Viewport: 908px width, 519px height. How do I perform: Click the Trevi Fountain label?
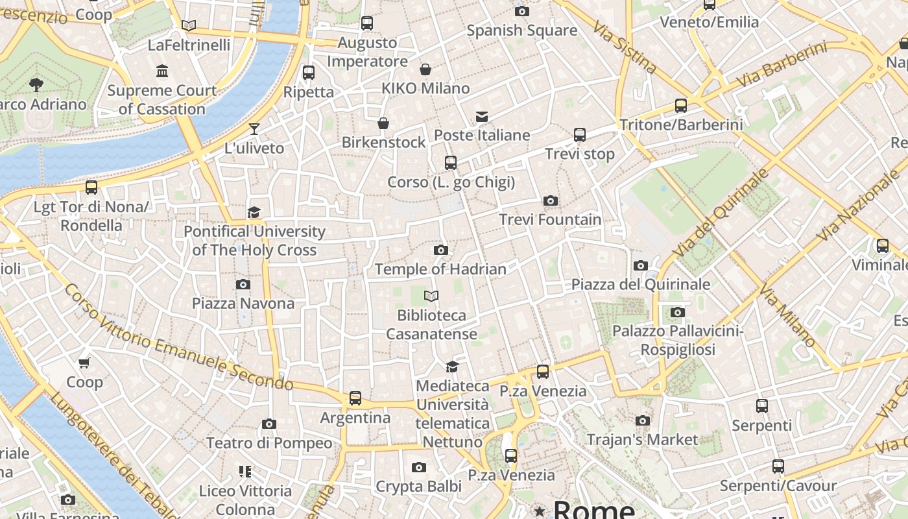coord(550,219)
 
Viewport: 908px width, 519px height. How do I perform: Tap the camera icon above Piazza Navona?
coord(243,284)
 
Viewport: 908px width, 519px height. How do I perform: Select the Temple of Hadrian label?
coord(440,269)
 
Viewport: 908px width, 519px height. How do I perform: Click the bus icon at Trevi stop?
coord(580,135)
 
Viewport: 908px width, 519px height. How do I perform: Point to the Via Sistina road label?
coord(624,46)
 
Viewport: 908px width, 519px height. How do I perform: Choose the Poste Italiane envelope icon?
coord(481,117)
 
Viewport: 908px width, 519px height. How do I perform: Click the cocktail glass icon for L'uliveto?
coord(254,128)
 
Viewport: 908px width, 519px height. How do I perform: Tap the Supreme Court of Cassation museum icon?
coord(162,71)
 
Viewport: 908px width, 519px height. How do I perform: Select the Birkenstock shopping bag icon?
coord(383,123)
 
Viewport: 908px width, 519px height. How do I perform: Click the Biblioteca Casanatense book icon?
coord(431,296)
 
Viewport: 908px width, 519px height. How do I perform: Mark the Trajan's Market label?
coord(642,439)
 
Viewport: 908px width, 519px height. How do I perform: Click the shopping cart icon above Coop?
coord(84,363)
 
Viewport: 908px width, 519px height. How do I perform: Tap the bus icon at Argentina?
coord(355,398)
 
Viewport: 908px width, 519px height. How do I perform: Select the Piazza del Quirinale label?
coord(641,284)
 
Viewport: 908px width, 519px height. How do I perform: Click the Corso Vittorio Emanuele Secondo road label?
coord(178,337)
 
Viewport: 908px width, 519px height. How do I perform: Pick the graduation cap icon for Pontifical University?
coord(254,212)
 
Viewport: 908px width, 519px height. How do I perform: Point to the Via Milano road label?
coord(787,315)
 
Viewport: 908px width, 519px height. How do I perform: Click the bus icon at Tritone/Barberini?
coord(681,105)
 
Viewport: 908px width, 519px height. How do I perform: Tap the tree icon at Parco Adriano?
coord(36,84)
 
